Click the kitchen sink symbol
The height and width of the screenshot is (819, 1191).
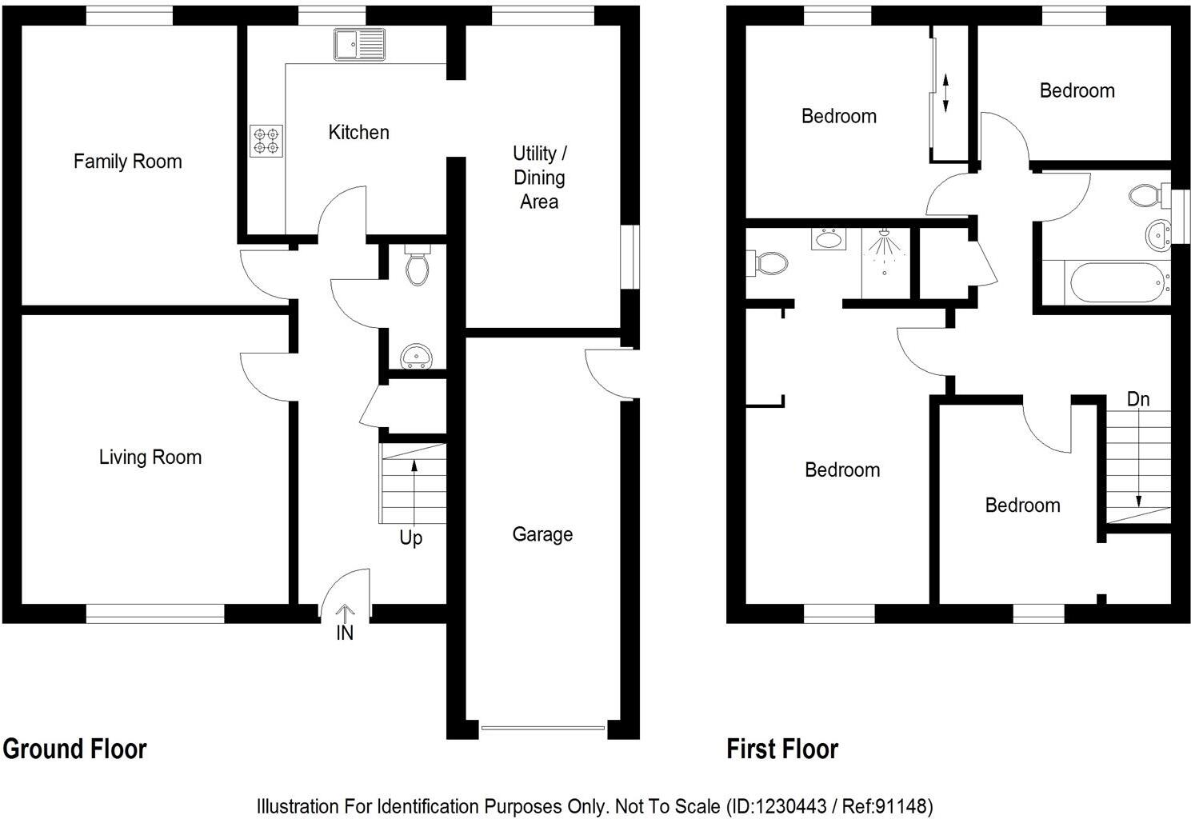[360, 44]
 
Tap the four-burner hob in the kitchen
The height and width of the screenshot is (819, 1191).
[266, 142]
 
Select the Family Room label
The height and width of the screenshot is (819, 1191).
[128, 162]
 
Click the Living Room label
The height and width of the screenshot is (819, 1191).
[150, 457]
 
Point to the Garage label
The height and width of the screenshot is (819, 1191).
[542, 534]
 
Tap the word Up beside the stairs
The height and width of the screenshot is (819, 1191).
[411, 538]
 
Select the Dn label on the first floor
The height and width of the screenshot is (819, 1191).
[1137, 398]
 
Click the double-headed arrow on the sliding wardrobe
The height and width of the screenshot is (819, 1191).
[945, 93]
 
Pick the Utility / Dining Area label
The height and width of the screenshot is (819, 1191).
[539, 178]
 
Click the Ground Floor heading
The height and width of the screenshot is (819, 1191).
[75, 749]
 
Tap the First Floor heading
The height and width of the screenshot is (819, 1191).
[782, 749]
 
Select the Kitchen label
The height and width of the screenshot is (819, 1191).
[359, 132]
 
